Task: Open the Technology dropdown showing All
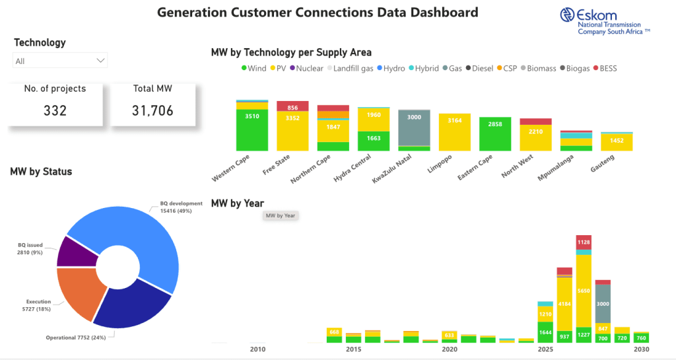click(60, 61)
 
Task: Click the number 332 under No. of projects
click(55, 110)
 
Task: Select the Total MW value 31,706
click(152, 110)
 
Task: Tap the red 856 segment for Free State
click(292, 107)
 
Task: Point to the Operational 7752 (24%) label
click(75, 338)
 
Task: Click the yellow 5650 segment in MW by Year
click(583, 290)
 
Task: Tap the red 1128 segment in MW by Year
click(583, 242)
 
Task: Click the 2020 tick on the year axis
click(449, 349)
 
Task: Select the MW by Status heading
click(41, 172)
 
